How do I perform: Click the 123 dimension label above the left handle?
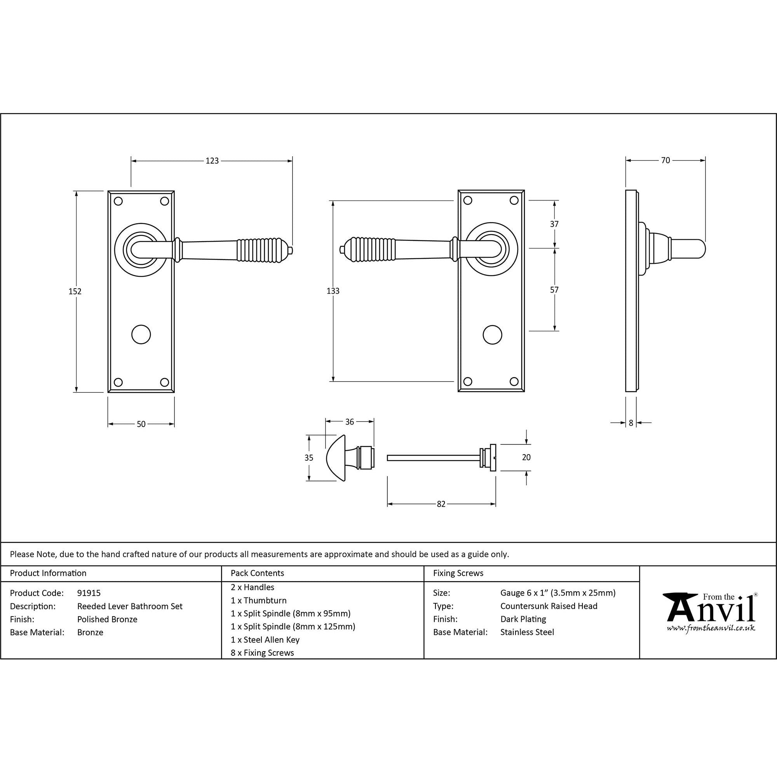point(212,161)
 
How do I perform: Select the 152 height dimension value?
point(75,291)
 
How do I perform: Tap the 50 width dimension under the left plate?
point(141,424)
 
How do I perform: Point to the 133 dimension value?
point(333,291)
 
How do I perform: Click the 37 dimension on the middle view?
point(554,224)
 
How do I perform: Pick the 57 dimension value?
point(554,289)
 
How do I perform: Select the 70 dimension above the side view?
point(666,160)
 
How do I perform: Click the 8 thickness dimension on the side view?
point(631,423)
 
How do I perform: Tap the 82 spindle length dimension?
point(441,504)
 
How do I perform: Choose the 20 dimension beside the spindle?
point(526,457)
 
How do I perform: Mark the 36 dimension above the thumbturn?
point(350,422)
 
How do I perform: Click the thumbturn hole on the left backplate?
point(141,334)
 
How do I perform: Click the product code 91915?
point(89,593)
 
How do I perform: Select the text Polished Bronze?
point(107,619)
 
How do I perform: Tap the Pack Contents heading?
point(258,573)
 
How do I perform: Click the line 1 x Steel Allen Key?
point(265,639)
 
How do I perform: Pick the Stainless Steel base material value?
point(527,632)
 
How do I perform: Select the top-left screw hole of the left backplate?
point(118,201)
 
